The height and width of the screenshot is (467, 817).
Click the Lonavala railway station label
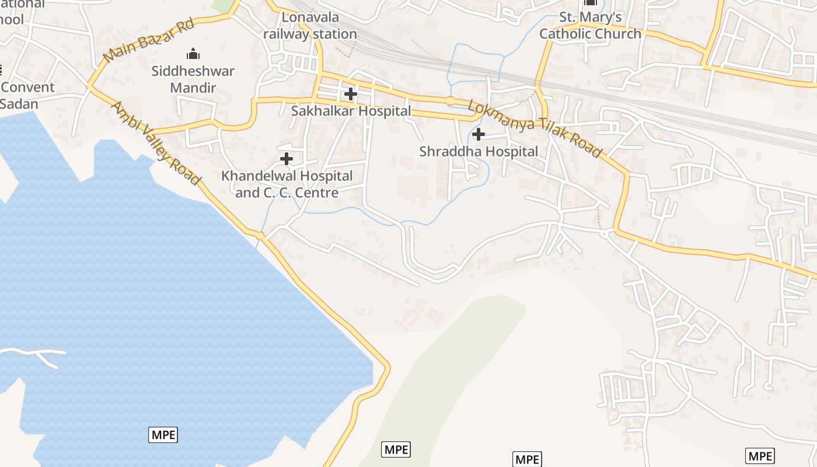[x=310, y=26]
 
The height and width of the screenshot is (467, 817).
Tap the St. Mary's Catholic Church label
[x=590, y=26]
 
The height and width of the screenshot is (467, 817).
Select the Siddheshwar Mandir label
[x=193, y=79]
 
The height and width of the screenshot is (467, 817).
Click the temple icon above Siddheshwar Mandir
[x=193, y=54]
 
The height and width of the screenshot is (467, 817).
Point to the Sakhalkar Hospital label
[x=351, y=110]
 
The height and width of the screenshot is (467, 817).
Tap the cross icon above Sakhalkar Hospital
[x=351, y=93]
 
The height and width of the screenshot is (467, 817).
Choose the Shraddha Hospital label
[x=479, y=151]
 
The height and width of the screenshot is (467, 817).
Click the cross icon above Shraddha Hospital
[x=479, y=135]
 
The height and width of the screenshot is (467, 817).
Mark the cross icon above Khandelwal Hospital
[x=287, y=159]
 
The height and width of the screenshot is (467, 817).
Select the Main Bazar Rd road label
[x=149, y=39]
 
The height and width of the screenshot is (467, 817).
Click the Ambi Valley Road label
[x=156, y=143]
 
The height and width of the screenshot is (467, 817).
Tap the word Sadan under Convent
[x=19, y=104]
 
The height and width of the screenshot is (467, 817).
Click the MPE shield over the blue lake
[x=163, y=434]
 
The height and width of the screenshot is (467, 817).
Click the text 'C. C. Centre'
[x=302, y=192]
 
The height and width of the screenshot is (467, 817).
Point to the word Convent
[x=27, y=88]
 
